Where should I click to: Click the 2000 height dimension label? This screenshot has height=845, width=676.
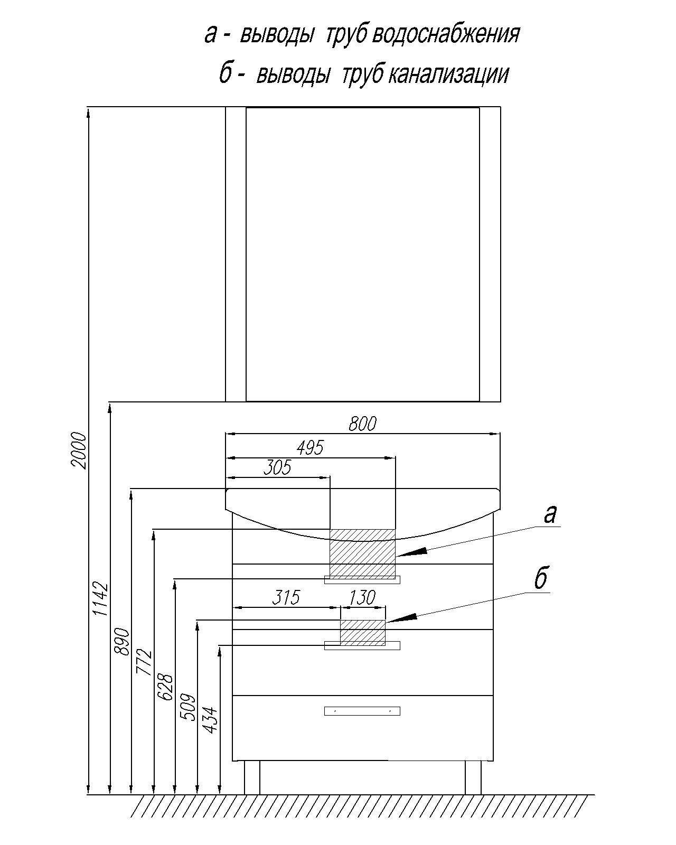click(x=79, y=450)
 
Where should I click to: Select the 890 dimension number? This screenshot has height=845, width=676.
click(x=122, y=641)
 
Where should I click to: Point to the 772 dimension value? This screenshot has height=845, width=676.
click(x=144, y=662)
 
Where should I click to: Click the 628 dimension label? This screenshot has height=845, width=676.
click(x=166, y=687)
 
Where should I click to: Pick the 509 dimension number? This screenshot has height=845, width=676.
click(x=188, y=707)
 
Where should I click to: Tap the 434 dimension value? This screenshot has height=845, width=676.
click(x=210, y=720)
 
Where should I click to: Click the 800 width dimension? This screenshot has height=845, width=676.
click(x=362, y=424)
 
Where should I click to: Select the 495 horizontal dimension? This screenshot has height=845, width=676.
click(x=310, y=448)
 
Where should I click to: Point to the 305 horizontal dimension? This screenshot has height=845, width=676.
click(x=278, y=467)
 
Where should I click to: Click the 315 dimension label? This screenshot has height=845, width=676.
click(x=286, y=597)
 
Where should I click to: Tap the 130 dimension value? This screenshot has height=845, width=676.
click(x=362, y=597)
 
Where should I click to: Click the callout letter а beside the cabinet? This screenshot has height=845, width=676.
click(x=550, y=514)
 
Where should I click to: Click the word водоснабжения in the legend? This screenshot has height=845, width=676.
click(x=446, y=35)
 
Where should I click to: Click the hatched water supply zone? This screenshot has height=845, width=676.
click(x=362, y=552)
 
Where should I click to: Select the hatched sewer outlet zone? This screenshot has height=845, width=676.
click(x=362, y=632)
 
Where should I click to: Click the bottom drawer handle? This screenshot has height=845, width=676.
click(x=362, y=711)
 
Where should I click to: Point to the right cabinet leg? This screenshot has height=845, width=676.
click(x=473, y=777)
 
